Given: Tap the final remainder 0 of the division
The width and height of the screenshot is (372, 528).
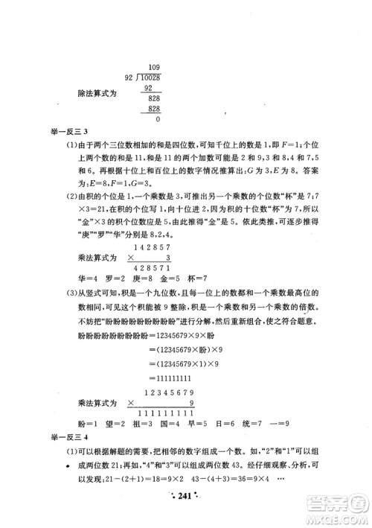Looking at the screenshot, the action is click(158, 118).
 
